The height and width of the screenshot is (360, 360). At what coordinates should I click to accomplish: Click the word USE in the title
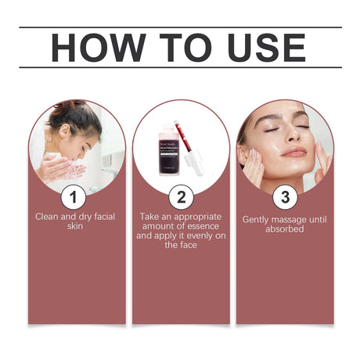click(262, 49)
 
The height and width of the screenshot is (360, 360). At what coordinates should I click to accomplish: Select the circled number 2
click(181, 195)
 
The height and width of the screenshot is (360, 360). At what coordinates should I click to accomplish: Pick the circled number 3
click(284, 195)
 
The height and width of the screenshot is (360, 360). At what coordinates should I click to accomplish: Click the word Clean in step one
click(49, 215)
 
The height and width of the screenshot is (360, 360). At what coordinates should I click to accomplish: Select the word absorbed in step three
click(284, 229)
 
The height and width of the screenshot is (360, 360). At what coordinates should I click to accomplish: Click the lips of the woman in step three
click(294, 151)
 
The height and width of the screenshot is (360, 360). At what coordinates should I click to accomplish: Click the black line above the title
click(180, 27)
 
